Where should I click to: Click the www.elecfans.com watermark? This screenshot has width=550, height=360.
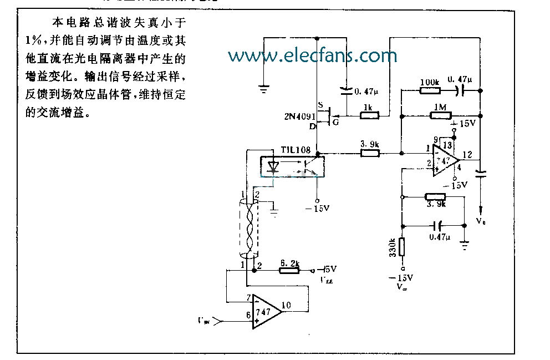[312, 55]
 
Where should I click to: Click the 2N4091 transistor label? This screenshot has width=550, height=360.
[297, 116]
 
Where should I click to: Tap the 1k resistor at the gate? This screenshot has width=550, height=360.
[369, 115]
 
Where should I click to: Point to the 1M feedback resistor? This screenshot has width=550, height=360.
[440, 115]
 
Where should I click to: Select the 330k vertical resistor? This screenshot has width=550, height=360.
[402, 246]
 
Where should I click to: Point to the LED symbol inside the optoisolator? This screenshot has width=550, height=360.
[274, 166]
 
